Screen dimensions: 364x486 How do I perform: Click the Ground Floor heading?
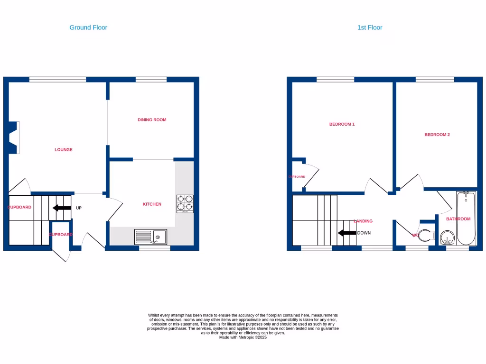pos(88,27)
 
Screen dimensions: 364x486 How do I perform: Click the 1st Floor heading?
pos(369,27)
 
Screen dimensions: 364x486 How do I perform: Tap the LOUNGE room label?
pos(64,150)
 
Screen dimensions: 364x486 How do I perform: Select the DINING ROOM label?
pos(152,120)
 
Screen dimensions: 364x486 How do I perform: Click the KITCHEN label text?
pos(152,204)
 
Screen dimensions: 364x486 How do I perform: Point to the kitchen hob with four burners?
pos(185,204)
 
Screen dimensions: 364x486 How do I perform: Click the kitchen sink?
pos(150,237)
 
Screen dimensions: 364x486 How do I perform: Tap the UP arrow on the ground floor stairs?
pos(62,208)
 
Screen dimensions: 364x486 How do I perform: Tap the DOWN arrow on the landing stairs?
pos(347,233)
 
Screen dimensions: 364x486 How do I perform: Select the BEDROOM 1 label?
pos(342,124)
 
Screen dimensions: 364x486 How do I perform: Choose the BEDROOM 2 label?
pos(437,135)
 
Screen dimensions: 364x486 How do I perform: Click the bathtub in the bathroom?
pos(466,218)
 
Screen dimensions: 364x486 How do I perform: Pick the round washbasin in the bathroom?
pos(447,237)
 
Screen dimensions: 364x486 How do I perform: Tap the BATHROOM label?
pos(458,219)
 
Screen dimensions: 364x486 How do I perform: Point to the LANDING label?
pos(363,221)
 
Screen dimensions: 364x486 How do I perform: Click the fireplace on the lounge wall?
pos(14,137)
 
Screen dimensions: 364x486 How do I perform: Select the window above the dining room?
pos(151,80)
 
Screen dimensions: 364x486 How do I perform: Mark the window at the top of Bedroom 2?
pos(434,80)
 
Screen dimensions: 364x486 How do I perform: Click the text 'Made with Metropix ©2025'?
pos(243,337)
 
